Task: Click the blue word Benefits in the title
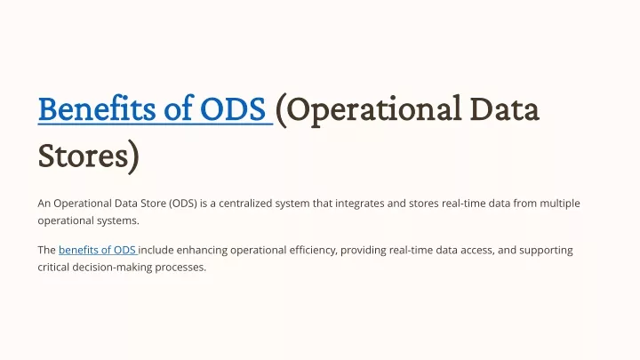click(97, 108)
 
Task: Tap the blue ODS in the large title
click(233, 109)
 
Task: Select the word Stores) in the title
click(89, 156)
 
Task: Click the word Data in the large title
click(504, 109)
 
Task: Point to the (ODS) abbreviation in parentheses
click(183, 204)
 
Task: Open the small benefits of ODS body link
click(97, 250)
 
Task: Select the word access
click(478, 251)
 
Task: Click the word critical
click(53, 268)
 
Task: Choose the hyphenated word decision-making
click(112, 268)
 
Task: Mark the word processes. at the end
click(180, 268)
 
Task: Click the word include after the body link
click(156, 250)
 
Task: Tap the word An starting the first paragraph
click(44, 204)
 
